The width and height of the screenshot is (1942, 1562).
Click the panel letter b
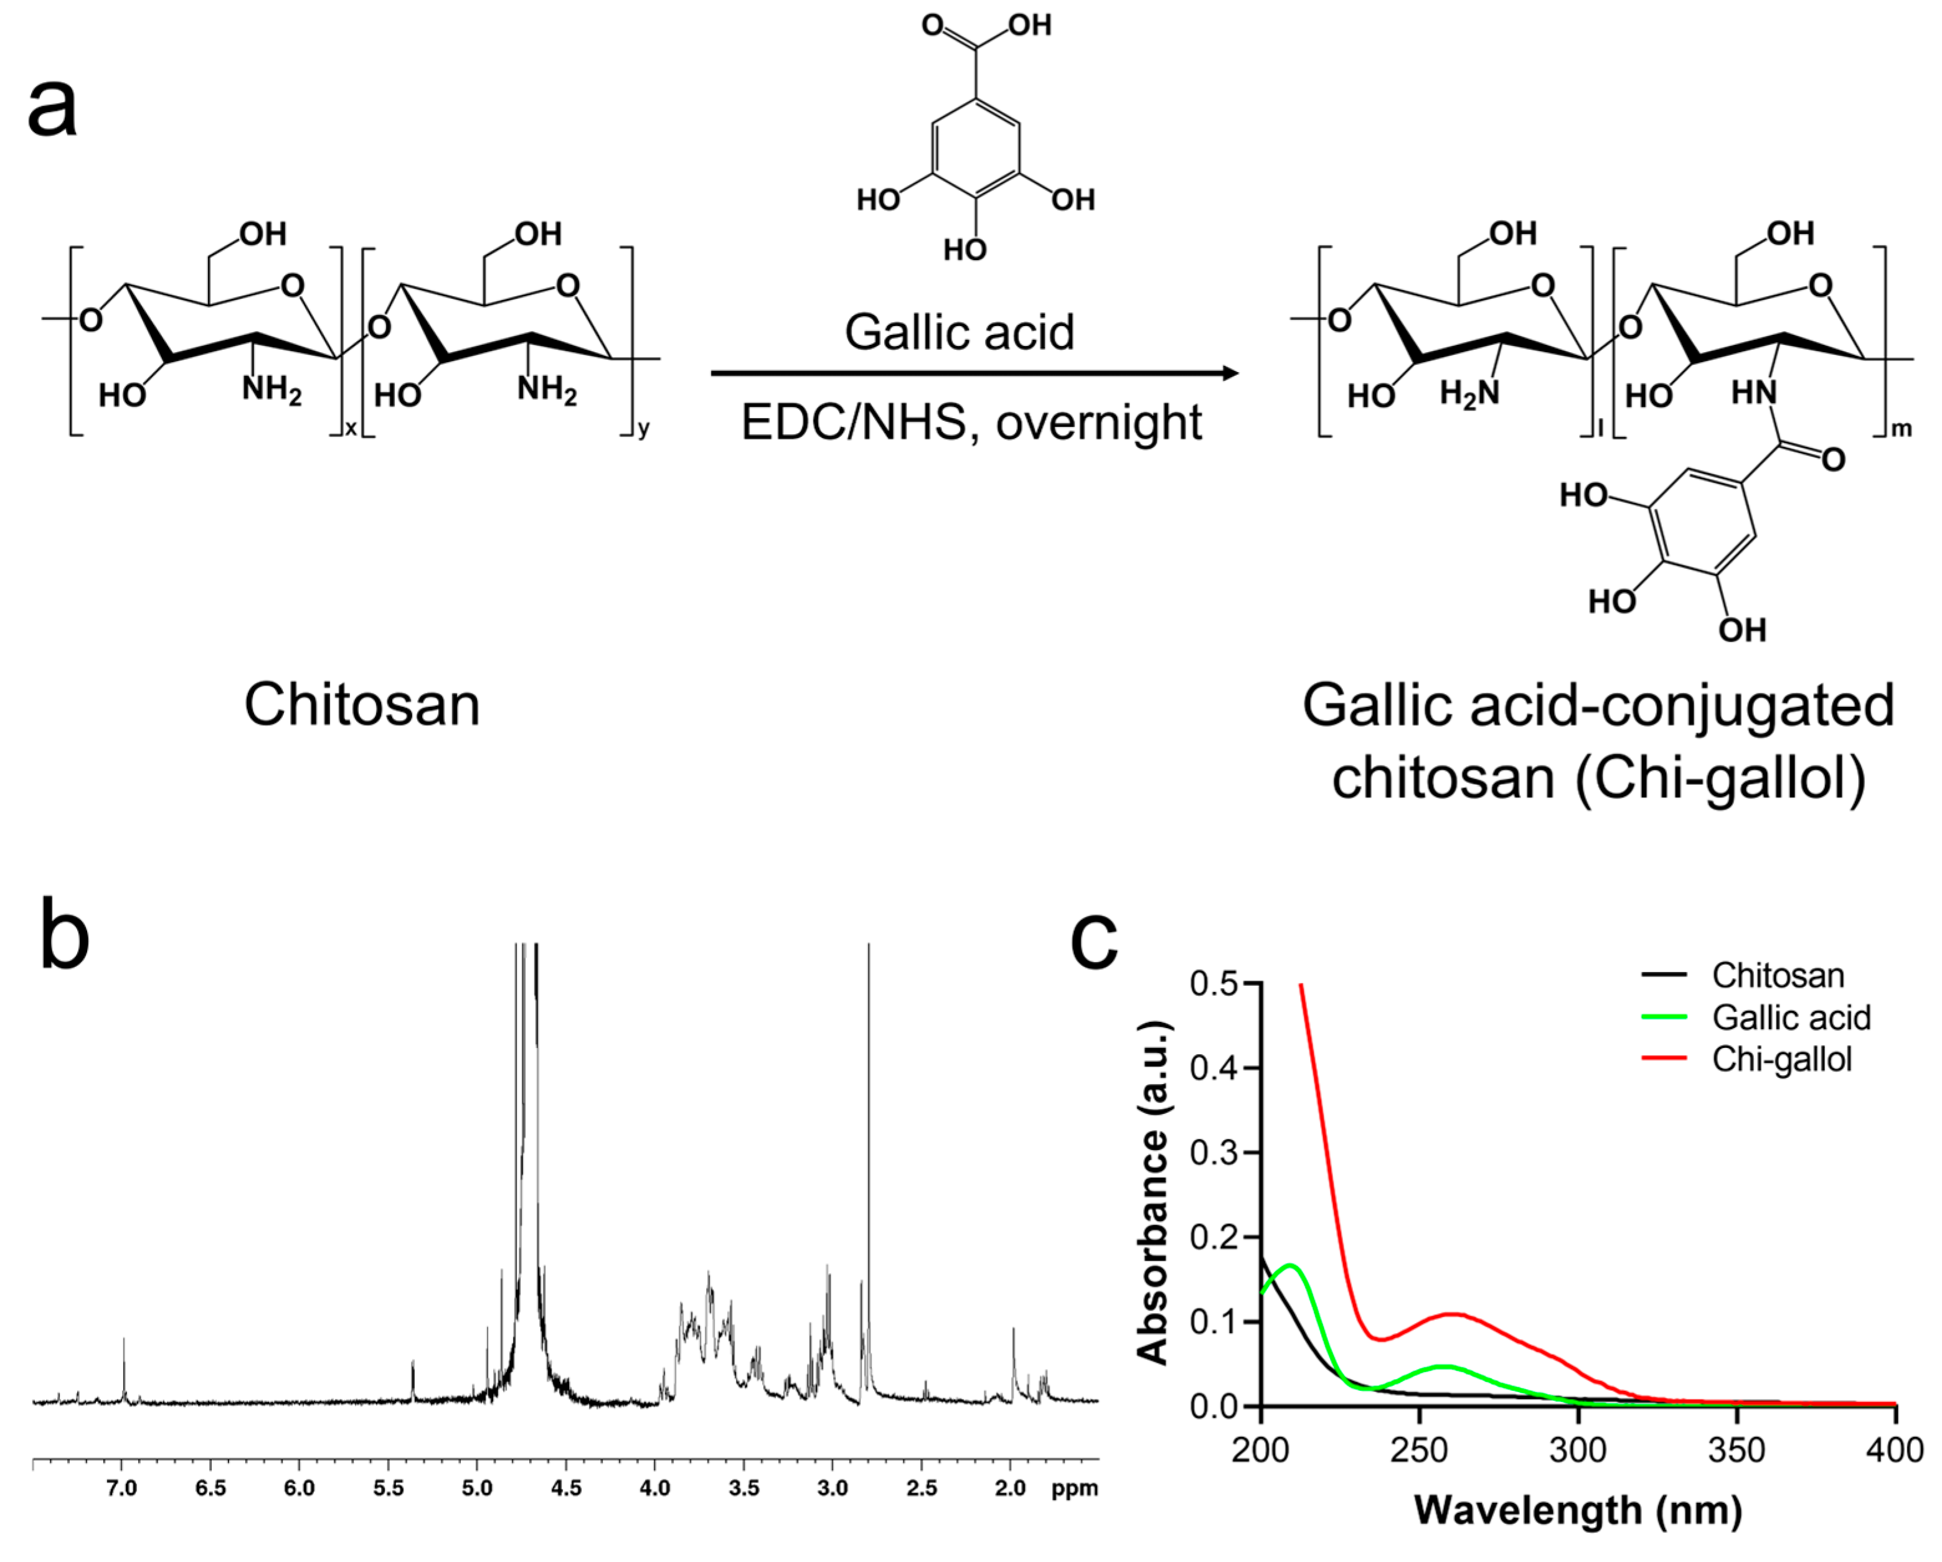tap(65, 937)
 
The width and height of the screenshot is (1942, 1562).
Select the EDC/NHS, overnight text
tap(971, 421)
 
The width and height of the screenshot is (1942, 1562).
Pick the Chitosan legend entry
tap(1777, 975)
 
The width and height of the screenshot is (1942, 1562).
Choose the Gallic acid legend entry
tap(1791, 1017)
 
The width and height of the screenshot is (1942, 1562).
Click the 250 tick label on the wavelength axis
tap(1420, 1451)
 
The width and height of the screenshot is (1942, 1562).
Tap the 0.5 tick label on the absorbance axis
tap(1214, 983)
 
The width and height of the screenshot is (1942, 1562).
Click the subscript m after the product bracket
tap(1900, 429)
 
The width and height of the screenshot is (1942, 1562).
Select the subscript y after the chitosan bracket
tap(643, 429)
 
